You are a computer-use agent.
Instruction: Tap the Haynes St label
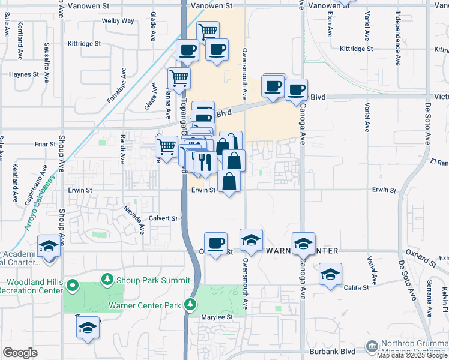coord(23,75)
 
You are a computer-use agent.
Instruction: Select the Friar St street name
coord(45,145)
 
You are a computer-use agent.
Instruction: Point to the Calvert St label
coord(163,219)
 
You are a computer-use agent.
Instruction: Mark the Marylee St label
coord(217,317)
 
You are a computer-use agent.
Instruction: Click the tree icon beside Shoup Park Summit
coord(107,279)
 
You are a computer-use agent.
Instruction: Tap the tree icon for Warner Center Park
coord(191,305)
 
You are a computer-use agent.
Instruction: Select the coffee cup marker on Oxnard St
coord(216,243)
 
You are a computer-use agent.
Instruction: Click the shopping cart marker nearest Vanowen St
coord(208,31)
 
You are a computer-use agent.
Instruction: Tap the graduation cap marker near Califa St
coord(330,274)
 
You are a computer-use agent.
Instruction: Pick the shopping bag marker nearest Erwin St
coord(229,181)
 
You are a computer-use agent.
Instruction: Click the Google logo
coord(20,353)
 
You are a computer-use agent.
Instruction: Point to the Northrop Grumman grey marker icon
coord(372,346)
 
